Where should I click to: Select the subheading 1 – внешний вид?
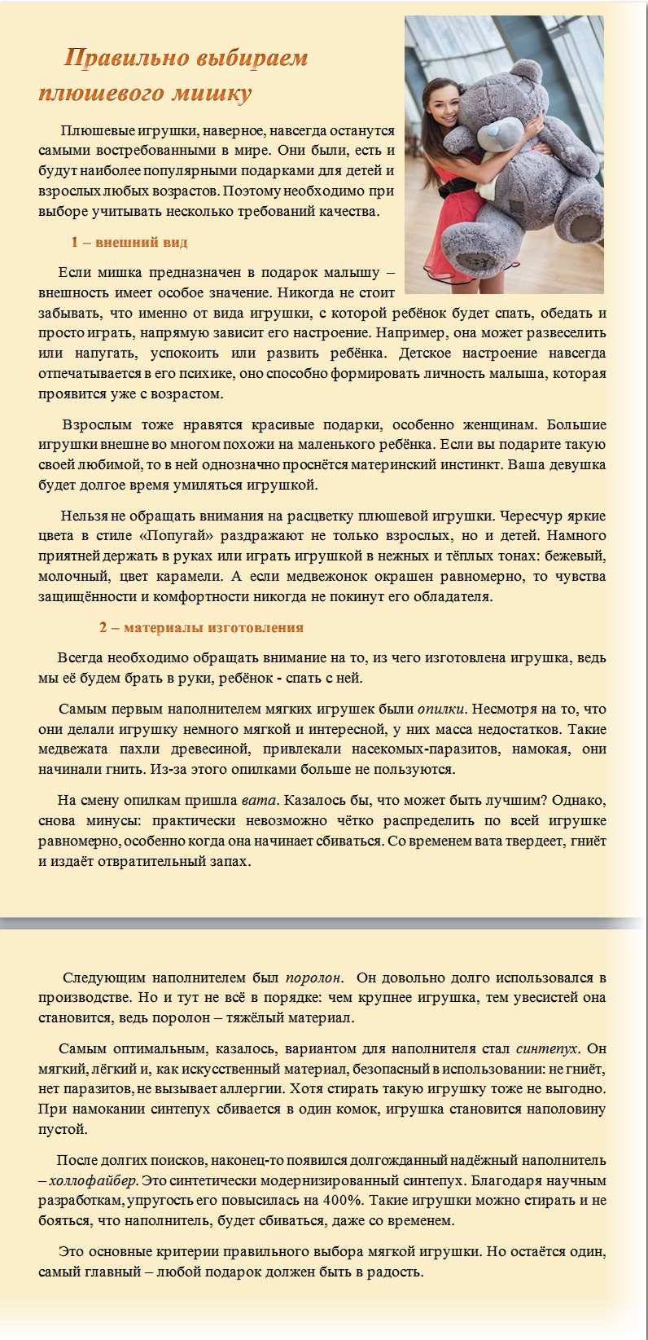click(129, 242)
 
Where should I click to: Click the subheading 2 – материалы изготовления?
click(201, 627)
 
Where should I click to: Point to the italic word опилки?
click(442, 709)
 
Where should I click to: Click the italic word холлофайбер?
click(94, 1180)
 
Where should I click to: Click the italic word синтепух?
click(547, 1048)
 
